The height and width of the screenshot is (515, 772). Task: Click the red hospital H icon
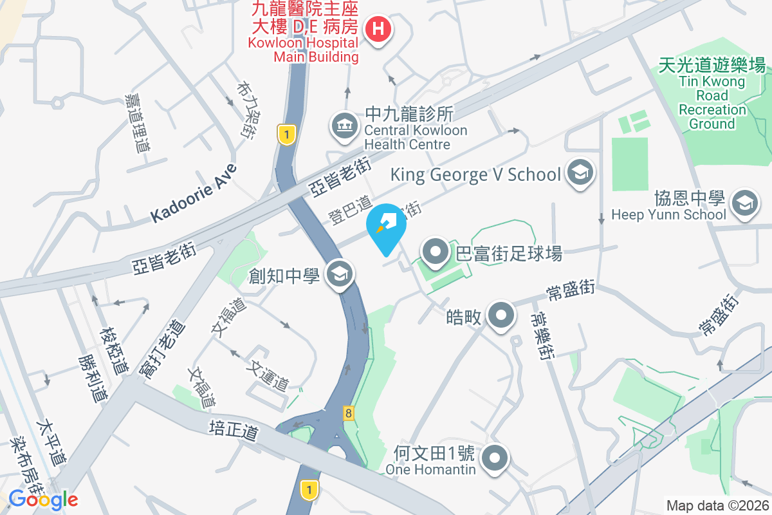click(379, 29)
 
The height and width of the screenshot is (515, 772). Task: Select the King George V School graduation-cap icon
click(581, 173)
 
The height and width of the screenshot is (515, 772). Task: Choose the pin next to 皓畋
click(501, 315)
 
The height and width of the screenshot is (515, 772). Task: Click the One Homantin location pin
click(495, 459)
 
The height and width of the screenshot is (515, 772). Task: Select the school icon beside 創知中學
click(338, 275)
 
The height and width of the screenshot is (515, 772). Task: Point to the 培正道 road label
click(234, 430)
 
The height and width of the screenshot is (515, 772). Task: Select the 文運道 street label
click(270, 377)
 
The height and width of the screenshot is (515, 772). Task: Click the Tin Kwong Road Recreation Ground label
click(712, 94)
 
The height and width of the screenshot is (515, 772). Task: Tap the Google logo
click(43, 499)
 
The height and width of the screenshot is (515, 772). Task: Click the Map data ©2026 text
click(716, 505)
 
